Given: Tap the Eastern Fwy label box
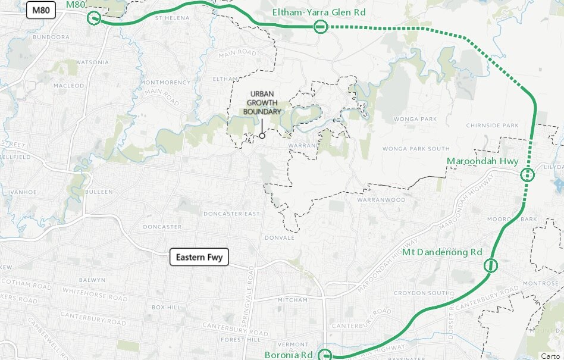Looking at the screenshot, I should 199,257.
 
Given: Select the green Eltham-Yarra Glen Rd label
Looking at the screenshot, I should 318,12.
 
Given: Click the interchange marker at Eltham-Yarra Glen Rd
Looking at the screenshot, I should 320,26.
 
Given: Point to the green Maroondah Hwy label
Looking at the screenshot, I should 482,161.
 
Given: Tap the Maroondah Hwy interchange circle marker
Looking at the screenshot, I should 527,175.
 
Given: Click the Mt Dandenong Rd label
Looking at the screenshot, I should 442,252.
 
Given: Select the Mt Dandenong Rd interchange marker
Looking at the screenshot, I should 490,265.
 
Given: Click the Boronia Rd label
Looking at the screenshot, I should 289,355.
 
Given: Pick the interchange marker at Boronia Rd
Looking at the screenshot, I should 325,356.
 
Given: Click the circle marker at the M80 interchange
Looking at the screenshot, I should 94,18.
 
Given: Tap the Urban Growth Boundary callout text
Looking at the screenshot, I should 262,103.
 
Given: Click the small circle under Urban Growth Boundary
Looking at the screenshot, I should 262,136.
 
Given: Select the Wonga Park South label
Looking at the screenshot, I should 416,149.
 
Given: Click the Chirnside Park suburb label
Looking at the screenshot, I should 493,126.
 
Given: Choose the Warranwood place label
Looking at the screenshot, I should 381,200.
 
